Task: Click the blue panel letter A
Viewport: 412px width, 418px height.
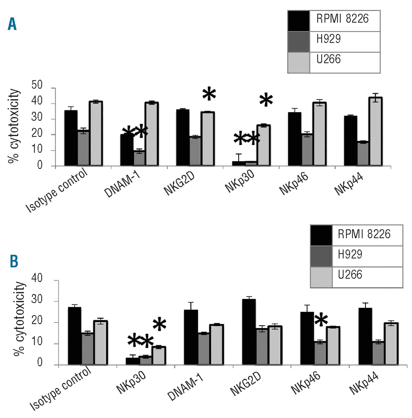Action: coord(12,24)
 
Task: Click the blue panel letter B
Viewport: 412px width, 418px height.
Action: coord(14,261)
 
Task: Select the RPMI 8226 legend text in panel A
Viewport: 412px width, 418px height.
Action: coord(342,19)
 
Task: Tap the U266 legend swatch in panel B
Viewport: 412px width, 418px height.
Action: coord(321,277)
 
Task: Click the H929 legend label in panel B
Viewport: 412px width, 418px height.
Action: coord(350,254)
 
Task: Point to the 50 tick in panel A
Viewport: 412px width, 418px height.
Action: coord(37,85)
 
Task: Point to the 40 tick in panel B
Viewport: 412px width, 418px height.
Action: coord(37,278)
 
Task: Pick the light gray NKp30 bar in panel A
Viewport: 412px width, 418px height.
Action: coord(263,145)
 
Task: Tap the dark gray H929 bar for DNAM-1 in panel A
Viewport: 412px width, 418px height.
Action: coord(139,158)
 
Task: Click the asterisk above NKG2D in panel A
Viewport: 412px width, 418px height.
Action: coord(209,94)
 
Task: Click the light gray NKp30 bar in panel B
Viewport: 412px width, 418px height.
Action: coord(159,356)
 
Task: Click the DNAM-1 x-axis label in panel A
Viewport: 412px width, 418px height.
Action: coord(122,185)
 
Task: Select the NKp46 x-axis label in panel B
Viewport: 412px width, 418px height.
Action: coord(305,382)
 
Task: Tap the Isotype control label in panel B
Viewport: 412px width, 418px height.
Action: coord(60,389)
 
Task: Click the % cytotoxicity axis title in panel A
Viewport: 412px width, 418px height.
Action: coord(14,126)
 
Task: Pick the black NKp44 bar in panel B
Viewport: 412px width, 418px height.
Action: coord(365,336)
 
